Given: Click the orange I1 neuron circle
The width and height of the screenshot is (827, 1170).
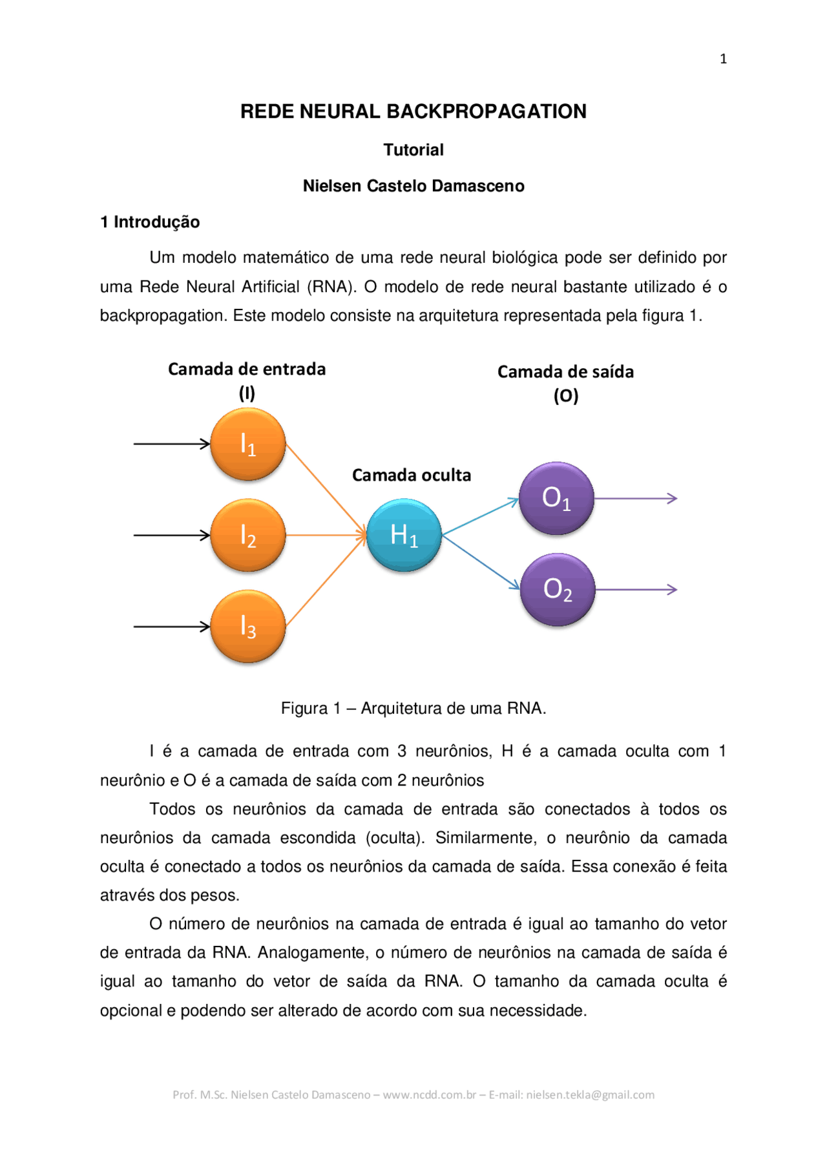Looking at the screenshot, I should [x=248, y=444].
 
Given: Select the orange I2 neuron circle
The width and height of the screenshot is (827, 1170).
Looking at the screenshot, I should [x=248, y=535].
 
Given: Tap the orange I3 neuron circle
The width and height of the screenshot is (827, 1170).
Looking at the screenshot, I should [x=248, y=626].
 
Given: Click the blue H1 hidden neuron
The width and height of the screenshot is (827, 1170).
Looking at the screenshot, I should [x=404, y=535].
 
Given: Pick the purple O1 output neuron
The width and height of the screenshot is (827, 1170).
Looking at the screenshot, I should [x=556, y=498].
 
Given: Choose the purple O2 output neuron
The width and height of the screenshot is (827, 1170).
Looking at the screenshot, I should [x=557, y=589].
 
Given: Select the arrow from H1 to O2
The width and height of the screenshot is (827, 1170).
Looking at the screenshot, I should [x=481, y=561].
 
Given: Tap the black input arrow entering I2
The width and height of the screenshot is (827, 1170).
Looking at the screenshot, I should [x=171, y=535].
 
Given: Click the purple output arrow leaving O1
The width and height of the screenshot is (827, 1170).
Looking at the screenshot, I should [x=635, y=498].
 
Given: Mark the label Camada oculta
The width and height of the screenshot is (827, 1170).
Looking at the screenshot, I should [x=412, y=475].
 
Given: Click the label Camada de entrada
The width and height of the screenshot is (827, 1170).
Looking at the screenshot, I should [x=247, y=370].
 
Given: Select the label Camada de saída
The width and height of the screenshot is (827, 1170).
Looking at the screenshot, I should [x=565, y=372].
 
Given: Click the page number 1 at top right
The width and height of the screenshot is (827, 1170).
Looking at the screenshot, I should [x=723, y=59].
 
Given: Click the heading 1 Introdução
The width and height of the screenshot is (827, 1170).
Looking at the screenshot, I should [x=150, y=222].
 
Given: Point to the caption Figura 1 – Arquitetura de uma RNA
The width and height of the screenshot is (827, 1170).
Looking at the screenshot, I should [x=413, y=708].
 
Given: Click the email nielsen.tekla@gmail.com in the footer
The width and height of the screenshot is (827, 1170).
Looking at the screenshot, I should [x=590, y=1094].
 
